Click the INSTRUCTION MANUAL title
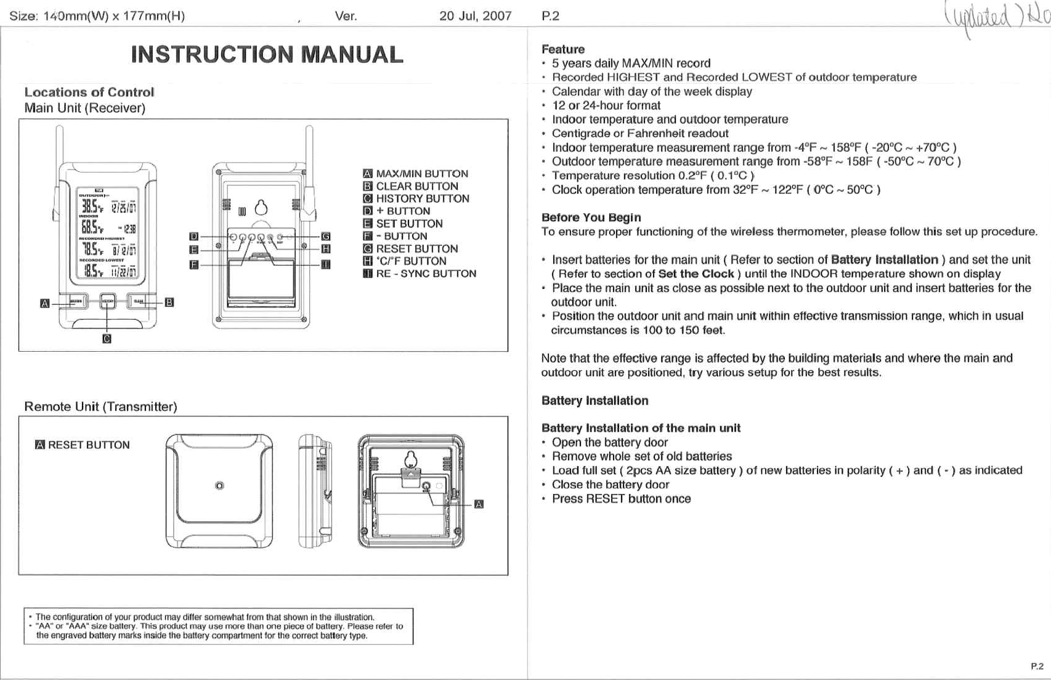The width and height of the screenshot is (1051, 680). click(x=267, y=55)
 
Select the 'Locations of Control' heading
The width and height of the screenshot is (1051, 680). click(x=89, y=92)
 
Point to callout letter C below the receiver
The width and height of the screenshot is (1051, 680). click(x=107, y=339)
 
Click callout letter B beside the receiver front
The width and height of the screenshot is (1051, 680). click(x=169, y=302)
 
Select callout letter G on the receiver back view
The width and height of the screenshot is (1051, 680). click(x=326, y=237)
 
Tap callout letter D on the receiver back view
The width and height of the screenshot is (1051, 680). click(x=194, y=237)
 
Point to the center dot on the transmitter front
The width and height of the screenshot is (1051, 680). click(x=219, y=486)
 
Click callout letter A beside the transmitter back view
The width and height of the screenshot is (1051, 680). click(x=479, y=504)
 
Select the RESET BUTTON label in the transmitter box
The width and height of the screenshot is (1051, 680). click(x=89, y=445)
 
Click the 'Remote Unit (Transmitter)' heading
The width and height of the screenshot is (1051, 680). click(x=100, y=407)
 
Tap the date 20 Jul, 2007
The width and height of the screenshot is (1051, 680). click(x=475, y=16)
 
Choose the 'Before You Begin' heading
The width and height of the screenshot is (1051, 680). click(x=591, y=217)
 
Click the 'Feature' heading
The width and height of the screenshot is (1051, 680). click(x=562, y=49)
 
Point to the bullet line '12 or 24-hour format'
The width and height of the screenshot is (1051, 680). click(x=606, y=105)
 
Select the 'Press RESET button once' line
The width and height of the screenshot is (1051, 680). click(x=621, y=499)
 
